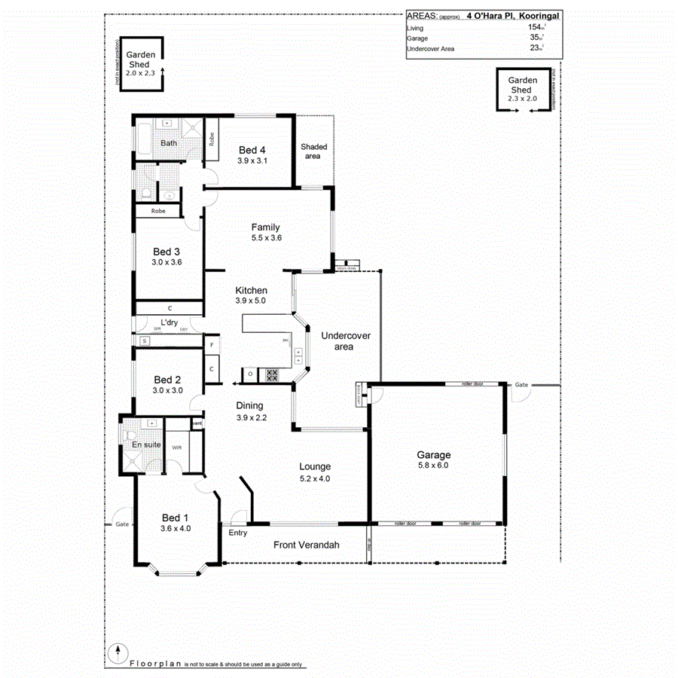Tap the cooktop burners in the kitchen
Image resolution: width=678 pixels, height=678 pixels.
click(x=273, y=374)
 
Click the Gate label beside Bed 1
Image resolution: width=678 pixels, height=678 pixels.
click(x=121, y=524)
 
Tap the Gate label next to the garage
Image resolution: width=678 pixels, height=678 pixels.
click(x=521, y=385)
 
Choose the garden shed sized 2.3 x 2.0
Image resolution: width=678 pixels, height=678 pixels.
click(x=523, y=89)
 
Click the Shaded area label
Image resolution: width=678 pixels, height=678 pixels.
click(x=312, y=151)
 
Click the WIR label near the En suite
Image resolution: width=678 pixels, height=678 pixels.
click(x=176, y=447)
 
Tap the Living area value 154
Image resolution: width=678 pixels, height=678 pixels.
click(x=536, y=28)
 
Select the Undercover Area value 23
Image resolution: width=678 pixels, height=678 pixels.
click(x=536, y=48)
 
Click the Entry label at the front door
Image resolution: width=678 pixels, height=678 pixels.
click(x=237, y=533)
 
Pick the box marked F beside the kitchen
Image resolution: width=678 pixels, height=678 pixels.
click(x=212, y=344)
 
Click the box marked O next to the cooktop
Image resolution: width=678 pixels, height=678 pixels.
click(x=249, y=374)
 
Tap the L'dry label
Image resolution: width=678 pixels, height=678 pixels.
click(x=169, y=322)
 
